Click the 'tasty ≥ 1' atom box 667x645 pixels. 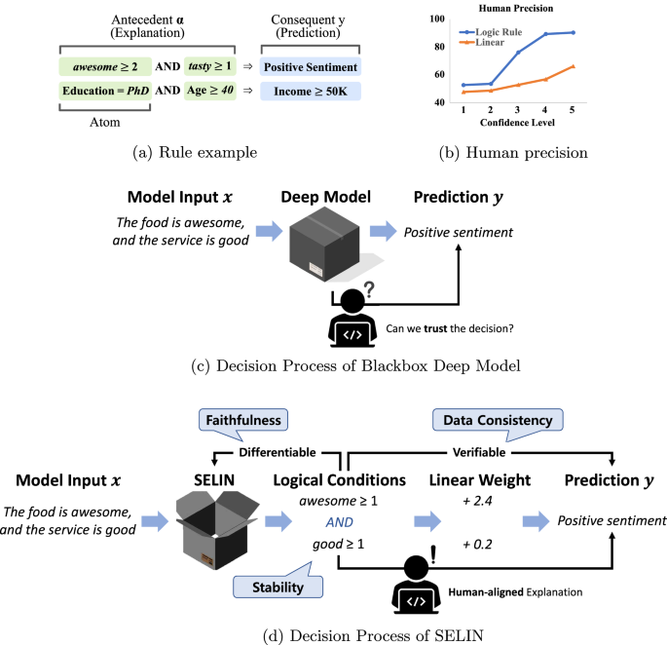(x=210, y=66)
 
